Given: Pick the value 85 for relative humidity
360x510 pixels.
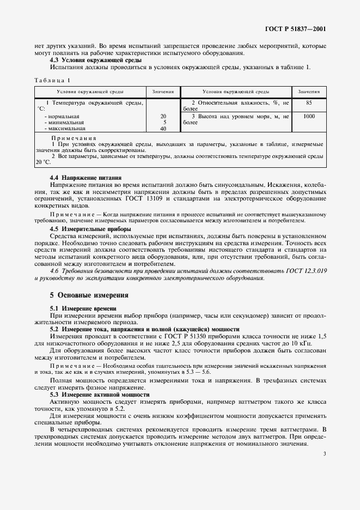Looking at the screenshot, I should click(309, 102).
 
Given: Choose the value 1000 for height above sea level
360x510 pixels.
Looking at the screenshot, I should click(309, 116).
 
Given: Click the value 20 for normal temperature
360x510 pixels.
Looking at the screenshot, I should click(163, 116).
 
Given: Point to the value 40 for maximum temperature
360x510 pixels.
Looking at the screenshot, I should click(163, 129).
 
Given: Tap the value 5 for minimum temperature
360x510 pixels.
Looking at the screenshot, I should click(163, 123).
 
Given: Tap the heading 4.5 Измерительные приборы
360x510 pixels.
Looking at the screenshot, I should click(84, 228).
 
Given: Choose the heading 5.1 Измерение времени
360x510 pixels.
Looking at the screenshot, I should click(80, 308).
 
